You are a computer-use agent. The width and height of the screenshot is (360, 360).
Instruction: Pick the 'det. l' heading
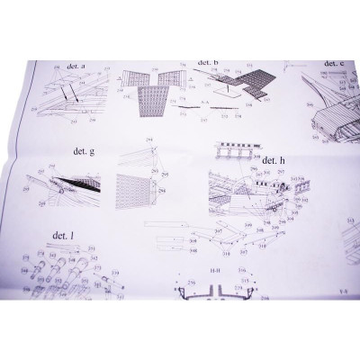63,234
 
